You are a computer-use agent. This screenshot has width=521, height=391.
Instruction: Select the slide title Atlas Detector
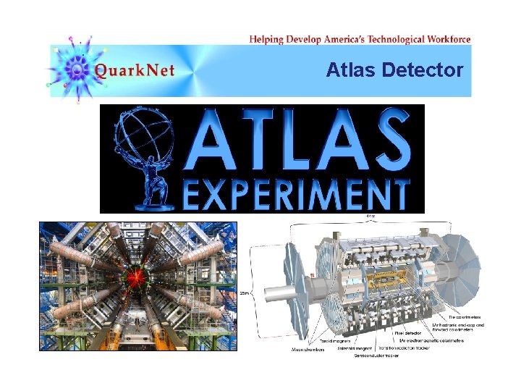click(394, 70)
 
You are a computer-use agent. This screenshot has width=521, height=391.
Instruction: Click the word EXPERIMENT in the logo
click(295, 194)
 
